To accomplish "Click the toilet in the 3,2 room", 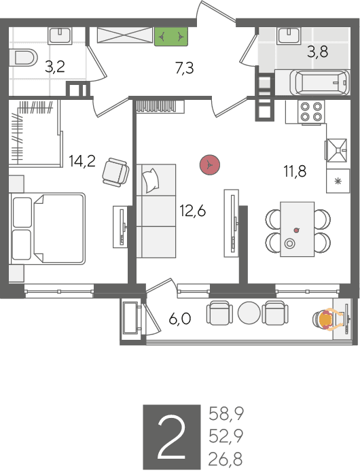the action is pyautogui.click(x=24, y=58).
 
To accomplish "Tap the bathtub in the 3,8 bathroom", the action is pyautogui.click(x=320, y=82).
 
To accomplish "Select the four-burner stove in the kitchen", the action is pyautogui.click(x=312, y=111).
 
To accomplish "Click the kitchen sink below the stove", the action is pyautogui.click(x=336, y=150).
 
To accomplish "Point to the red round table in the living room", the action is pyautogui.click(x=210, y=164).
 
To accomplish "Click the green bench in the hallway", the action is pyautogui.click(x=171, y=37).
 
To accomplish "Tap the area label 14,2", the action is pyautogui.click(x=82, y=161).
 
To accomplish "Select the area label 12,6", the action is pyautogui.click(x=193, y=211).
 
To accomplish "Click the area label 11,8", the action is pyautogui.click(x=295, y=171).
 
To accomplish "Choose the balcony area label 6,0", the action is pyautogui.click(x=180, y=319).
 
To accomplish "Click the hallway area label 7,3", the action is pyautogui.click(x=184, y=67).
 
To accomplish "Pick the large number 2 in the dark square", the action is pyautogui.click(x=172, y=436).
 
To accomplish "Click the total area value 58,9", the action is pyautogui.click(x=226, y=414).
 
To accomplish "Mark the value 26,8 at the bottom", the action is pyautogui.click(x=226, y=459).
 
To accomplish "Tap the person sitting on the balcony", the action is pyautogui.click(x=328, y=320).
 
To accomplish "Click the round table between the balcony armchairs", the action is pyautogui.click(x=249, y=313).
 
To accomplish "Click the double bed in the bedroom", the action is pyautogui.click(x=47, y=228).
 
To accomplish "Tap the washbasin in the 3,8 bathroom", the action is pyautogui.click(x=289, y=35).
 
